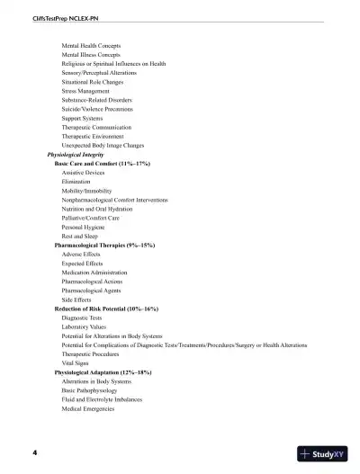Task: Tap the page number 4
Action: tap(35, 452)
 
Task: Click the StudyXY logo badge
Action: tap(323, 454)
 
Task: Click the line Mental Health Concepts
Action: tap(91, 45)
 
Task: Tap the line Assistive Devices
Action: tap(85, 173)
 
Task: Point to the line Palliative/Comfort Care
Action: tap(90, 218)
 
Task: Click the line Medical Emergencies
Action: tap(88, 408)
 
